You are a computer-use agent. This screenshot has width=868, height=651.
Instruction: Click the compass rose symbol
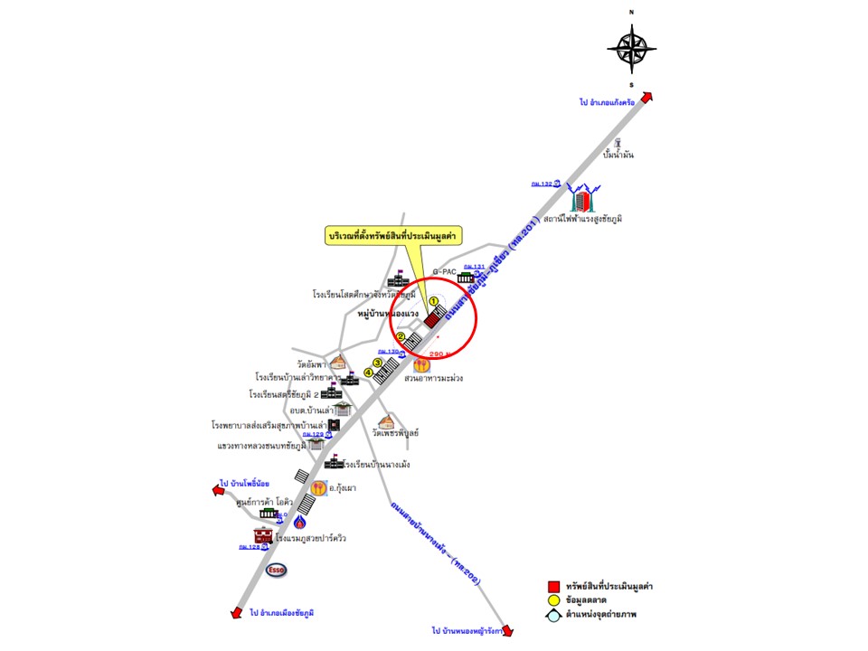[x=632, y=47]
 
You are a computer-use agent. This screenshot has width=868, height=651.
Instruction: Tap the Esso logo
[x=277, y=570]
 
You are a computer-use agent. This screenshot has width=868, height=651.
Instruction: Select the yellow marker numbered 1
[x=433, y=301]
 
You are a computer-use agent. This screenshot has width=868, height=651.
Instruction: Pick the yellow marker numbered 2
[x=401, y=336]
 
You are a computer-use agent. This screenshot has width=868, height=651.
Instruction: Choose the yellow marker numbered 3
[x=378, y=363]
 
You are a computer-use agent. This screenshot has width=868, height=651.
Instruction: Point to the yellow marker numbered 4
[x=368, y=372]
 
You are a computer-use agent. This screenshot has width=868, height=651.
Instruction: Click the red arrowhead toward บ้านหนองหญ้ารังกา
[x=507, y=630]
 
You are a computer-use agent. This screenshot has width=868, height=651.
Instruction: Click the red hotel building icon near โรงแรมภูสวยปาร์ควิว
[x=263, y=536]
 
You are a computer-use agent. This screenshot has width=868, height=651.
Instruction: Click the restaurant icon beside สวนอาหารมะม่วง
[x=421, y=365]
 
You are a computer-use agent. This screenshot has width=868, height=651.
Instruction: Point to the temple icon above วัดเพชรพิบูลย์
[x=387, y=422]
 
